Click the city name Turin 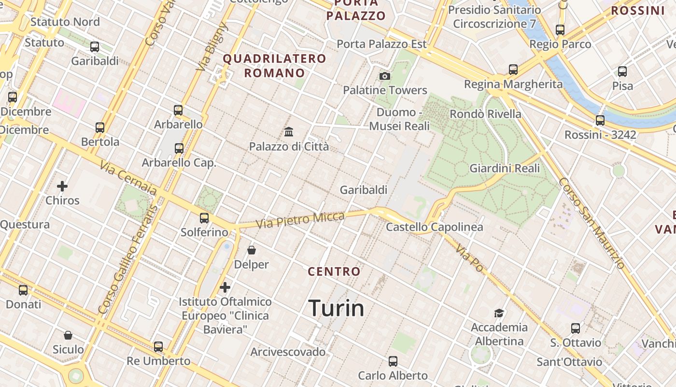tap(336, 308)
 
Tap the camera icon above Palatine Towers tap(385, 76)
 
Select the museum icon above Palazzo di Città tap(289, 131)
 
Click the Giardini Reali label tap(505, 168)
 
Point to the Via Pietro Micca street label tap(300, 220)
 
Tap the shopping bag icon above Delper tap(252, 250)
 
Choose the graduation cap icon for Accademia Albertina tap(499, 313)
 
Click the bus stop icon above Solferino tap(204, 218)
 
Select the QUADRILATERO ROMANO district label tap(274, 66)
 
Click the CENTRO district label tap(334, 271)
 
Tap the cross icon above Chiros tap(62, 186)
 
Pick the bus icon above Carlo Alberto tap(393, 361)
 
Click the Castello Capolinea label tap(434, 227)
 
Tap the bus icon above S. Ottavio tap(576, 328)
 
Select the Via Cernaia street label tap(128, 178)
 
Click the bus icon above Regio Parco tap(560, 30)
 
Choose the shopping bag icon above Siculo tap(68, 335)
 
